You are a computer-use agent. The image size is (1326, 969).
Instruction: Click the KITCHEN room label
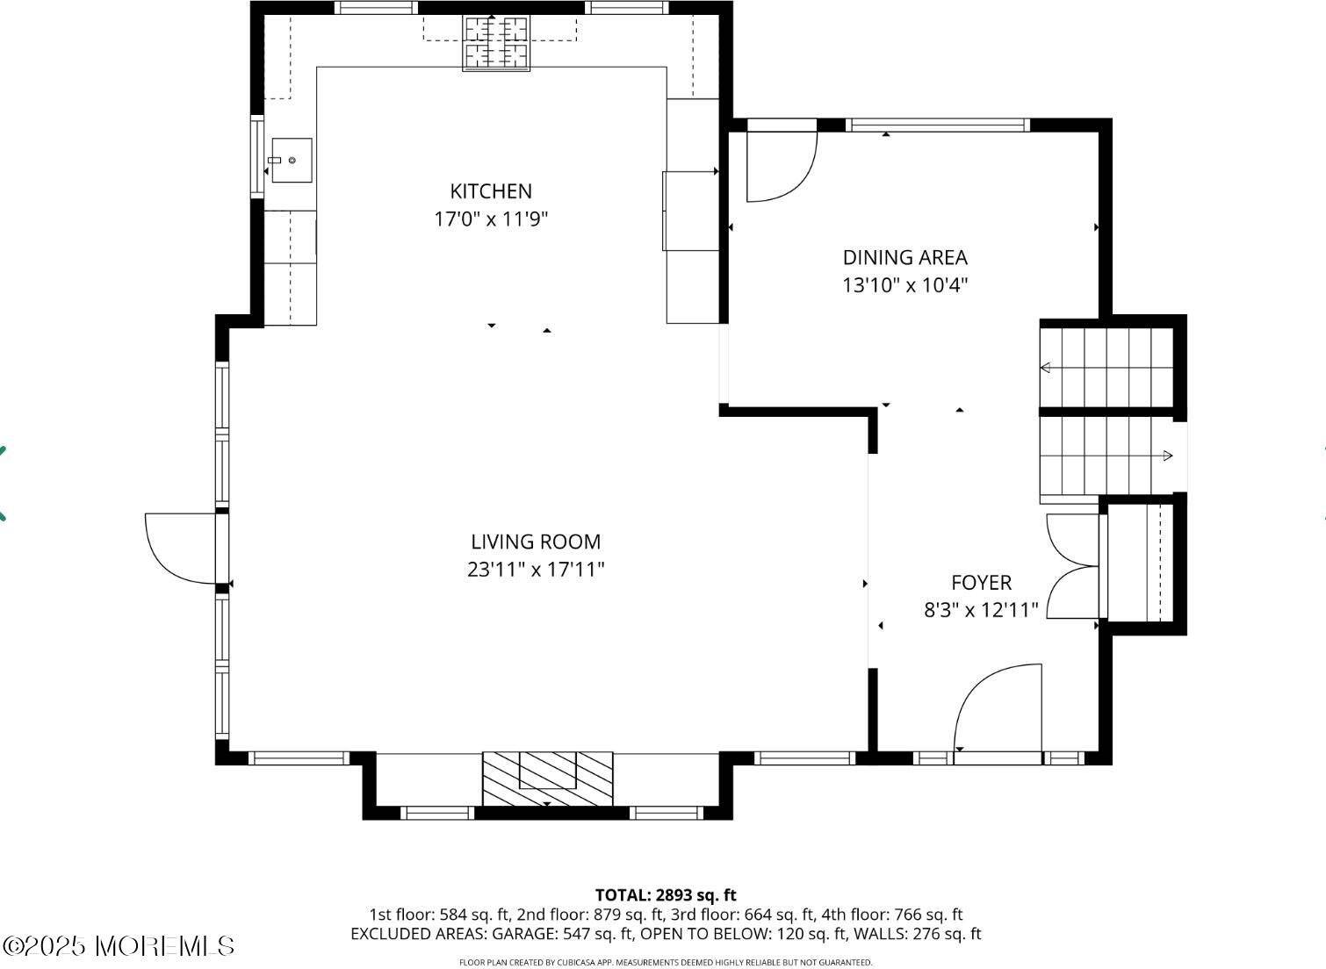491,191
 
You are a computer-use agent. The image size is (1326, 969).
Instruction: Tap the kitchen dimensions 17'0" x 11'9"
491,219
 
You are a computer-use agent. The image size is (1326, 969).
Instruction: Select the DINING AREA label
904,257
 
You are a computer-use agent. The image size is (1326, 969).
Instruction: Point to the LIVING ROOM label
536,542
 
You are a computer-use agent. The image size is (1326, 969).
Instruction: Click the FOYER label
981,583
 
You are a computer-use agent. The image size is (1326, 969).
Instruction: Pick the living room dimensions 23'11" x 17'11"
536,570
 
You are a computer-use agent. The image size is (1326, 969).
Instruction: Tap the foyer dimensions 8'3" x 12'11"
981,610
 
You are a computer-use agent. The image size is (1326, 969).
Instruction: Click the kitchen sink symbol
291,161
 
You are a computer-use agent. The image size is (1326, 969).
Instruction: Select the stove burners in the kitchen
496,42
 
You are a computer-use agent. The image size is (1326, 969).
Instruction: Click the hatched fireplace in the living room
547,778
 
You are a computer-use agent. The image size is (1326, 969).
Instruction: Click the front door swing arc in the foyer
997,707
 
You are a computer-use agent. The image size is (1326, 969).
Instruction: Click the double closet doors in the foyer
1073,566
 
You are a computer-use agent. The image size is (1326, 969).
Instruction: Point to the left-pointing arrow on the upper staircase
1046,368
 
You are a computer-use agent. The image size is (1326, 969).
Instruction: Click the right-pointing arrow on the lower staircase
1167,456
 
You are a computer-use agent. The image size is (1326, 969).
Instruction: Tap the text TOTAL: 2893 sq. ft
665,895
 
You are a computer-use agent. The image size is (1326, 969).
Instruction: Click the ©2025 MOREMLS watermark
119,946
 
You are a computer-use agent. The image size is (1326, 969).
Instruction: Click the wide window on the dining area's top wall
937,126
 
